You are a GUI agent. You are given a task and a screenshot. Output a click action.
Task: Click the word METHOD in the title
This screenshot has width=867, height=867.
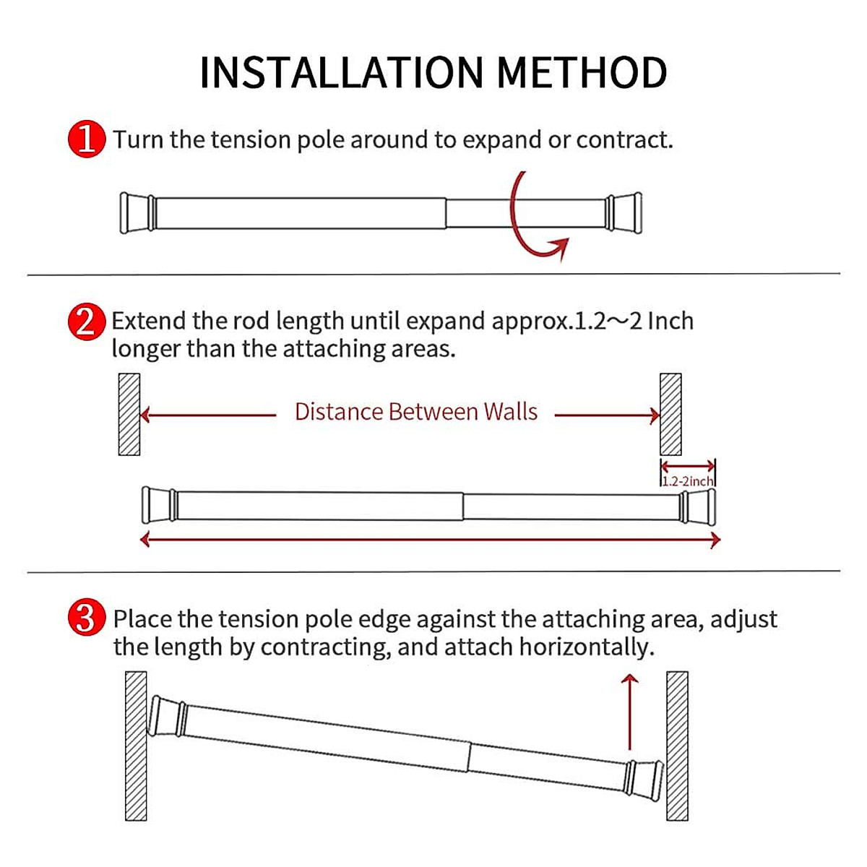(582, 73)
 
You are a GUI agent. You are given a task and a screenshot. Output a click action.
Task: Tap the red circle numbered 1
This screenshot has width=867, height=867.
(86, 139)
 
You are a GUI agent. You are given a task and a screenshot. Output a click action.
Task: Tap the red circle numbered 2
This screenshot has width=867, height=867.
(86, 322)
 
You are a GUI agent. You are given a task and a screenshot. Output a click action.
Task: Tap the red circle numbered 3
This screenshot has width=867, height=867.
(86, 619)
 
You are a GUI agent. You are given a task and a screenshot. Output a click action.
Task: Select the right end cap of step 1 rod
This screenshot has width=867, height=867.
(624, 213)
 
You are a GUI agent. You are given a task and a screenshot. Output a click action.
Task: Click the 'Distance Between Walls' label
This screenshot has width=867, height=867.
(416, 412)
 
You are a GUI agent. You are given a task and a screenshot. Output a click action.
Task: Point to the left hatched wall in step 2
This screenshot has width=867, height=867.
(129, 414)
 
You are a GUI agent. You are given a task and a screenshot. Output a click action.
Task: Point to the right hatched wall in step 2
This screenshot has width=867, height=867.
(670, 414)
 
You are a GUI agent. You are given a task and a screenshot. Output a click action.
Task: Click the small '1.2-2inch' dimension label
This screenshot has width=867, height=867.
(688, 481)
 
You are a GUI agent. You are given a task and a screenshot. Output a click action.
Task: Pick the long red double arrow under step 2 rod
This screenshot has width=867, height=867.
(431, 540)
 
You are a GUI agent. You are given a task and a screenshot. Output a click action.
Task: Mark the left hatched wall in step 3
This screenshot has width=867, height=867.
(136, 746)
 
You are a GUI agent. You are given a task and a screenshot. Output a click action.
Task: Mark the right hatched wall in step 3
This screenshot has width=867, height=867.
(677, 746)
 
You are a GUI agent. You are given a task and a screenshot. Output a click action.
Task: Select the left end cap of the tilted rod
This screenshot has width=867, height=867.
(167, 717)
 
